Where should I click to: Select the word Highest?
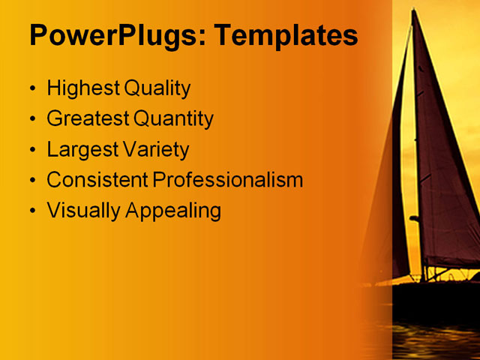pyautogui.click(x=82, y=88)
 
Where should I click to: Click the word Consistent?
pyautogui.click(x=97, y=180)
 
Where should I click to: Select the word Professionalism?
pyautogui.click(x=228, y=180)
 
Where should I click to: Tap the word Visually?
pyautogui.click(x=83, y=211)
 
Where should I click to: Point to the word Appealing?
pyautogui.click(x=173, y=211)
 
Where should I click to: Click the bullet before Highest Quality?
pyautogui.click(x=32, y=89)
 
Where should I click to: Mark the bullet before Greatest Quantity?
pyautogui.click(x=32, y=119)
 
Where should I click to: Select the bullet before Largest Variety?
pyautogui.click(x=32, y=150)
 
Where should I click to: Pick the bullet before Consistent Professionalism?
pyautogui.click(x=32, y=181)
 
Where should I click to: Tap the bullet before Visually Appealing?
pyautogui.click(x=32, y=211)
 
